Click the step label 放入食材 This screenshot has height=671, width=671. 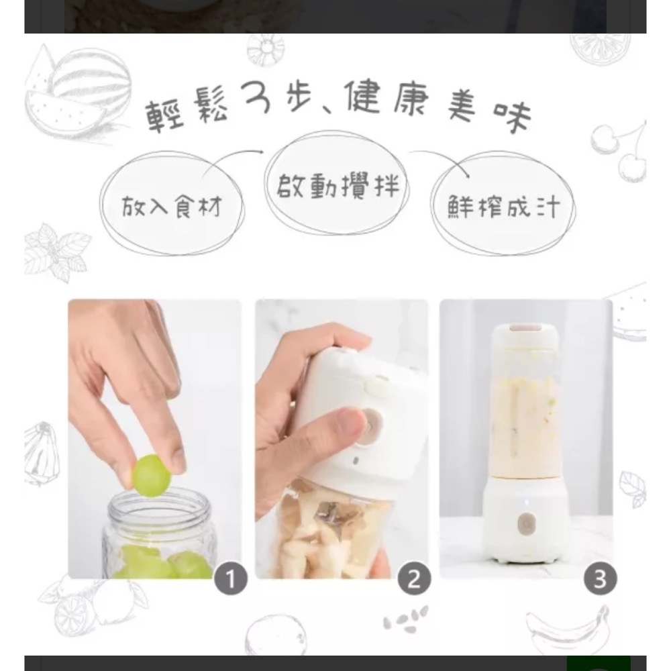pyautogui.click(x=171, y=207)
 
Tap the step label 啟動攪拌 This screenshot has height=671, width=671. pyautogui.click(x=338, y=183)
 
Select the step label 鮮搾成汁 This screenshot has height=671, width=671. pyautogui.click(x=503, y=207)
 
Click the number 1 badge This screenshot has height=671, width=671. pyautogui.click(x=229, y=579)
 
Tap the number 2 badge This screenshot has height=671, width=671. pyautogui.click(x=413, y=579)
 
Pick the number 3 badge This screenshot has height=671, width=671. pyautogui.click(x=599, y=579)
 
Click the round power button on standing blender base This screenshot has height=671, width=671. pyautogui.click(x=525, y=522)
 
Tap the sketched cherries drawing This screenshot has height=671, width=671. pyautogui.click(x=621, y=151)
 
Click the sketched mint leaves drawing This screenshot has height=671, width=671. pyautogui.click(x=57, y=252)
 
